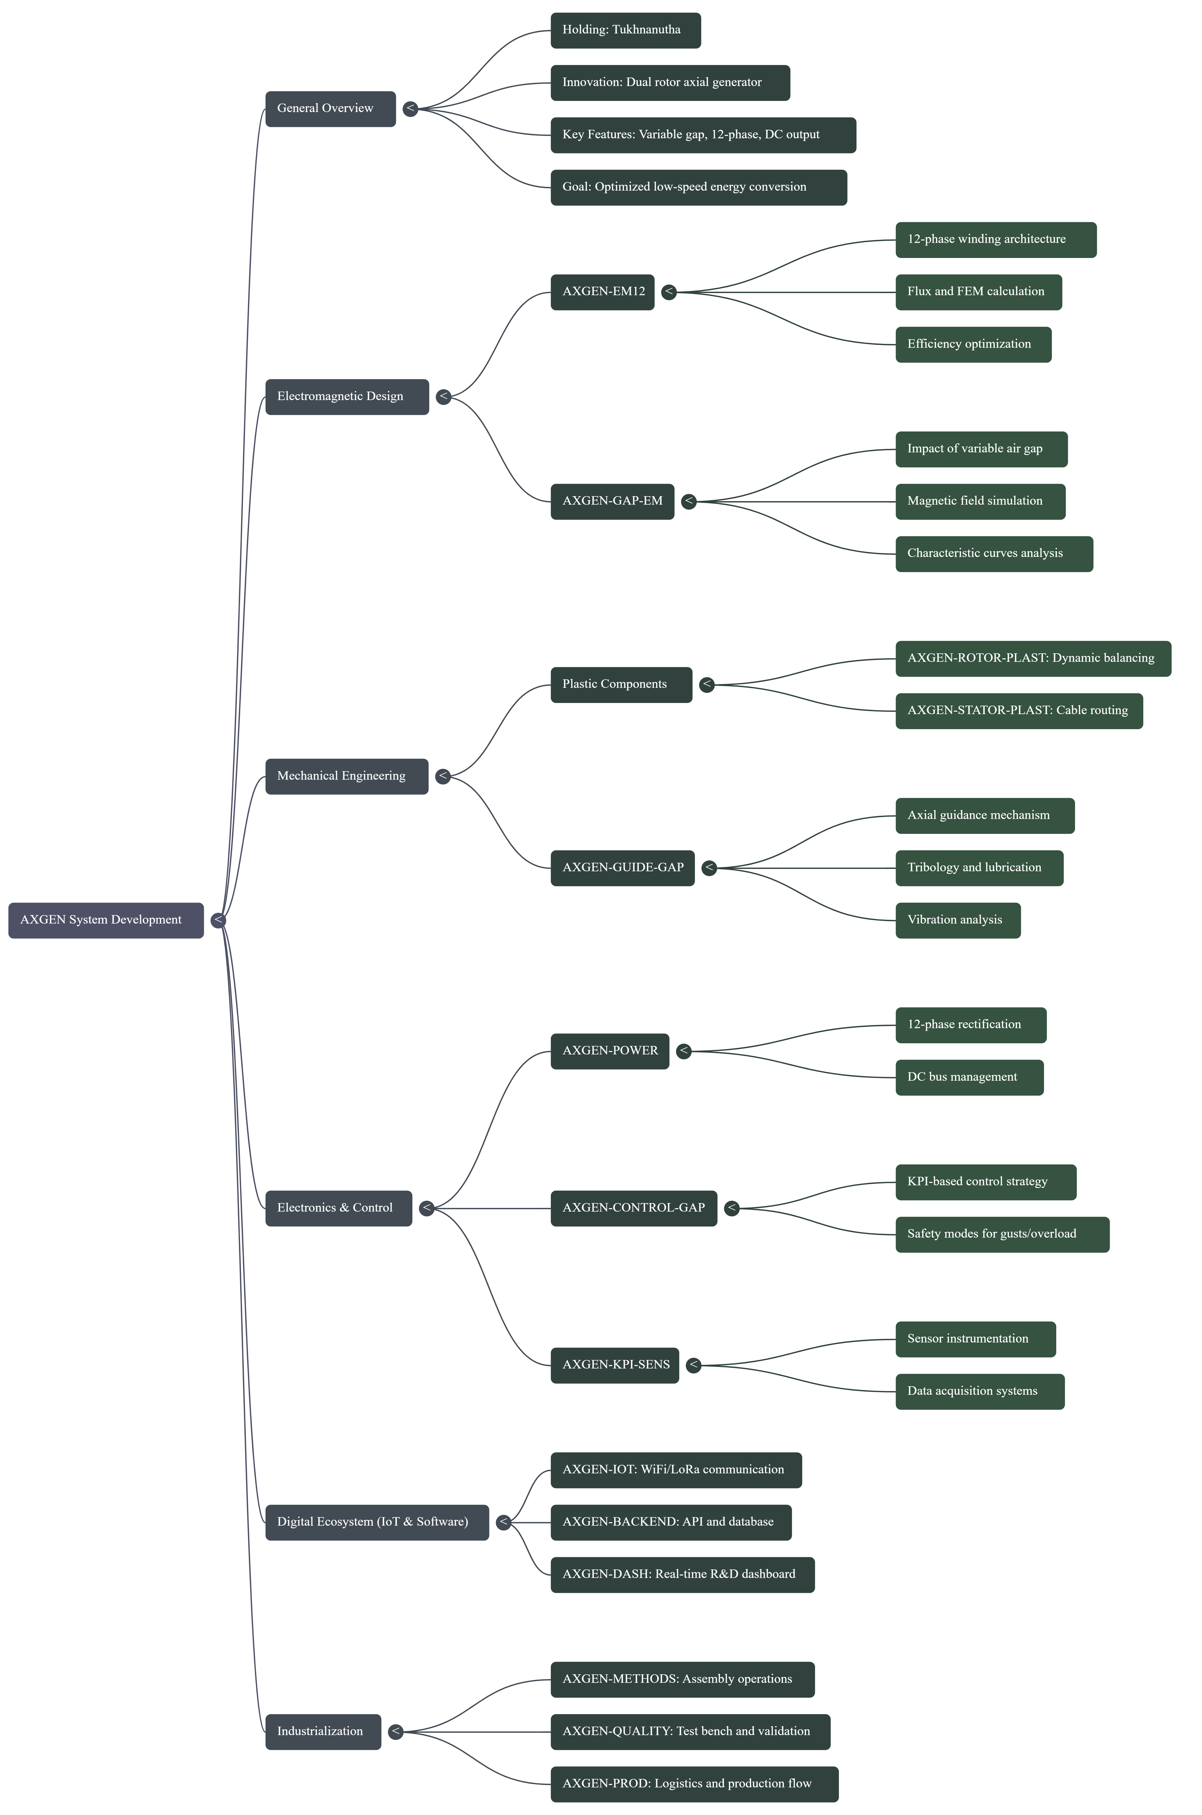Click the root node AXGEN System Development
click(x=106, y=920)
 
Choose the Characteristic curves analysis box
click(x=994, y=553)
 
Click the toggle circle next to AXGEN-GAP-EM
click(x=688, y=501)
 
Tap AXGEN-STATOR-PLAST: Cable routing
click(x=1018, y=710)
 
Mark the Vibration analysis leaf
click(x=957, y=920)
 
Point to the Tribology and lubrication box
click(x=979, y=868)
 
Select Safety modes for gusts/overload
click(x=1002, y=1234)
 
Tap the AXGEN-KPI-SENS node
click(x=614, y=1365)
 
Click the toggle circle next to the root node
click(x=219, y=920)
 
